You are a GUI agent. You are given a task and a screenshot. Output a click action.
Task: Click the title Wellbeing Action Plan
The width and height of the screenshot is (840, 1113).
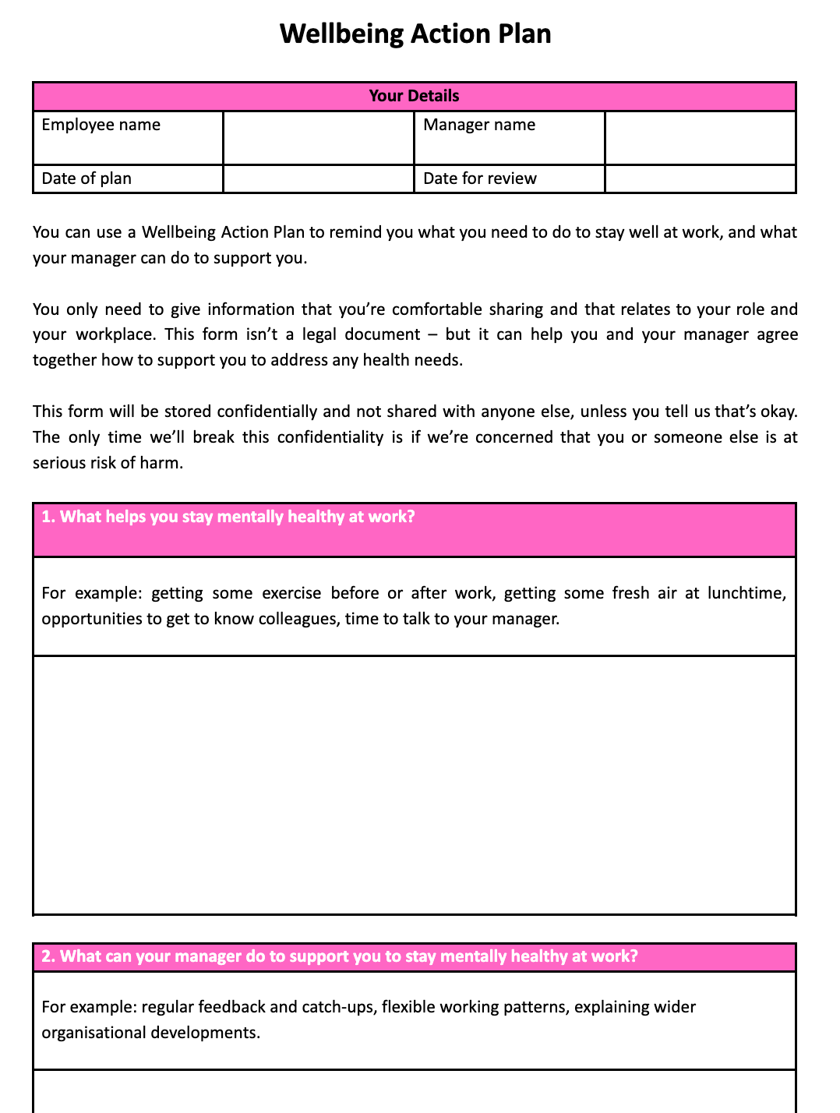(415, 34)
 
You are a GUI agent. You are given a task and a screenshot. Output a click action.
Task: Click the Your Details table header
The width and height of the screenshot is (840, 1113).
(414, 96)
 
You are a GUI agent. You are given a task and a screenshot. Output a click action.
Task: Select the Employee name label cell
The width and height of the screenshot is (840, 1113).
(101, 125)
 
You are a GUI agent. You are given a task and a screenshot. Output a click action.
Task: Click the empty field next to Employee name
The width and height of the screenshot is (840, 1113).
(318, 137)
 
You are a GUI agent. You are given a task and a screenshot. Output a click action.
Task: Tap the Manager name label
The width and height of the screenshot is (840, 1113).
(479, 125)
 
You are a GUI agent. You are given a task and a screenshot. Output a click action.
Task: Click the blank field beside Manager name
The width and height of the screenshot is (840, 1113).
(700, 137)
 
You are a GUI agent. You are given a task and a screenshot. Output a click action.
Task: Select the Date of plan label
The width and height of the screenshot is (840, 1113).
(86, 178)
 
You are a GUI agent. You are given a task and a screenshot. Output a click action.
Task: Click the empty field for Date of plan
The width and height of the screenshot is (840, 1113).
(318, 178)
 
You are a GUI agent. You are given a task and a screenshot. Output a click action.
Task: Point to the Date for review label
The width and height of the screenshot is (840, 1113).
(480, 178)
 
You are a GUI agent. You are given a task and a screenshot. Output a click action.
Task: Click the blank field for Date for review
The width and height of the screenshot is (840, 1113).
(700, 178)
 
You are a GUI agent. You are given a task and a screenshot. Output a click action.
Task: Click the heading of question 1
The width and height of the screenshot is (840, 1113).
(228, 518)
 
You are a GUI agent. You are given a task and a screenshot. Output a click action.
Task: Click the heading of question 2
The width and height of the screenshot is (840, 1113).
(339, 956)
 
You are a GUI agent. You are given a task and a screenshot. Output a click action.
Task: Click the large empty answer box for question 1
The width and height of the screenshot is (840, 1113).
(414, 784)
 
